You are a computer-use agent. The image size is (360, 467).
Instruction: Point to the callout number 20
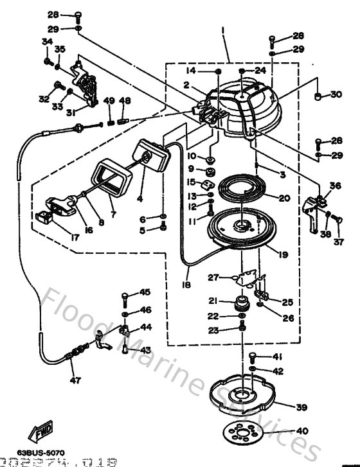[x=284, y=198]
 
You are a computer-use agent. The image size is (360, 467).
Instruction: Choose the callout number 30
[x=336, y=95]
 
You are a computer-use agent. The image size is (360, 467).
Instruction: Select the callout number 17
[x=75, y=237]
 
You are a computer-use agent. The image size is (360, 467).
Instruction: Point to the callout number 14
[x=190, y=70]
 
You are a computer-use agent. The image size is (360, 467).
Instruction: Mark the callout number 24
[x=259, y=70]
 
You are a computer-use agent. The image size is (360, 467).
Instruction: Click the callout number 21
[x=213, y=300]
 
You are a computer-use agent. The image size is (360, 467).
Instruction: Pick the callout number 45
[x=145, y=292]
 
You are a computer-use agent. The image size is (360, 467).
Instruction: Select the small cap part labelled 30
[x=318, y=96]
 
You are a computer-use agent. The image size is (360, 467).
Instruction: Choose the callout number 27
[x=213, y=277]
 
